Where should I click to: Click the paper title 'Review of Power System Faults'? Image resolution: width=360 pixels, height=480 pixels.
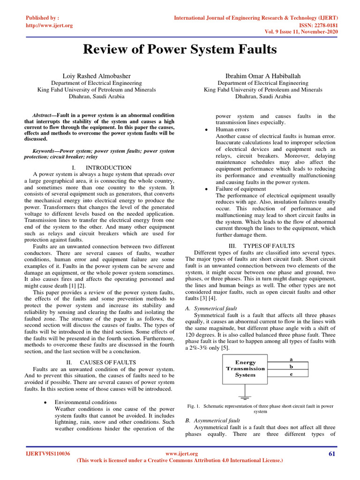180,50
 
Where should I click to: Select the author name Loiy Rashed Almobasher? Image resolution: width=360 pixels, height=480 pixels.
97,75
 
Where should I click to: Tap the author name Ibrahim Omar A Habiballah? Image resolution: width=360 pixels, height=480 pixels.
262,75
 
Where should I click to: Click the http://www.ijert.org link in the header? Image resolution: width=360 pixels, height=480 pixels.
49,25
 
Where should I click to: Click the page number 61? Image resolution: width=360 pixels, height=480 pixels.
333,454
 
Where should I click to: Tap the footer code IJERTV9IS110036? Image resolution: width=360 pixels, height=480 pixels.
48,454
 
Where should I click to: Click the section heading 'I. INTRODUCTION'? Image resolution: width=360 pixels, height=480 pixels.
102,167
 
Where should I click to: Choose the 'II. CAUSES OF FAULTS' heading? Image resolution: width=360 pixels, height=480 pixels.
101,362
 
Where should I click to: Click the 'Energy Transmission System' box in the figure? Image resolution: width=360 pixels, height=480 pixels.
245,368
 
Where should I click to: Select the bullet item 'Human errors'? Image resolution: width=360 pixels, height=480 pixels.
232,129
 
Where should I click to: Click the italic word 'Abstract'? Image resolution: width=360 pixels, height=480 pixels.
41,115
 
